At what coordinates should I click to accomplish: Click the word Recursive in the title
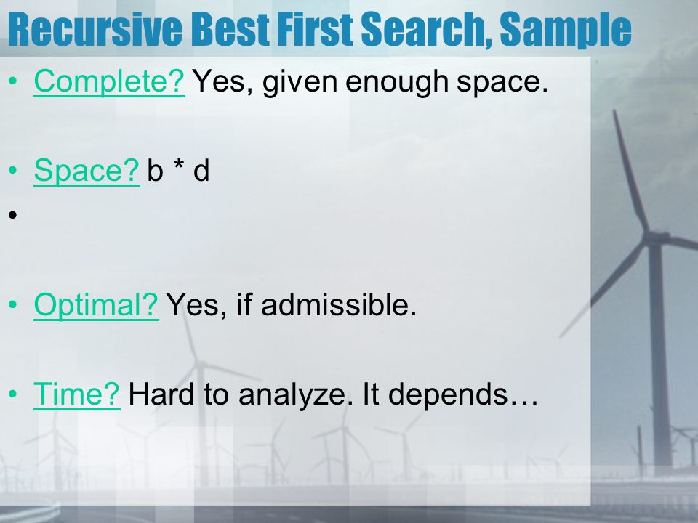tap(95, 29)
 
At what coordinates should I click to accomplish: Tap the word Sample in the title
tap(566, 31)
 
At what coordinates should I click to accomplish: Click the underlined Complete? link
tap(109, 81)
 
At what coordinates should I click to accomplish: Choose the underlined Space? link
tap(87, 171)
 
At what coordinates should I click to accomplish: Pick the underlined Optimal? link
tap(96, 305)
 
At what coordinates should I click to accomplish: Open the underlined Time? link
tap(76, 394)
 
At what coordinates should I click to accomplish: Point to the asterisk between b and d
tap(179, 165)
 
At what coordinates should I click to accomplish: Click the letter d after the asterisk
tap(201, 170)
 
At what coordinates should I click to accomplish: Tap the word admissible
tap(338, 304)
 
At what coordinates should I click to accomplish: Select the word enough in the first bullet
tap(397, 82)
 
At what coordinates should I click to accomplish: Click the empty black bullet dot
tap(12, 215)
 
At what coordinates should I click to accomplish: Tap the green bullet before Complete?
tap(12, 81)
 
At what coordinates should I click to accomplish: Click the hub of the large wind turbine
tap(654, 237)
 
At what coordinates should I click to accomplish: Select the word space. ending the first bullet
tap(502, 83)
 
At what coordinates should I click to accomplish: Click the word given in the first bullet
tap(300, 82)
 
